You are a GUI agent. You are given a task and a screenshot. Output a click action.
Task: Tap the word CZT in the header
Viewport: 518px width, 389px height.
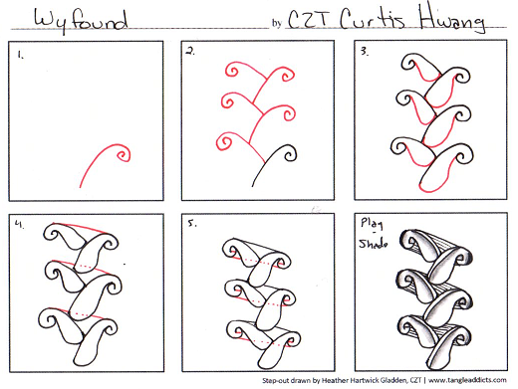click(x=308, y=20)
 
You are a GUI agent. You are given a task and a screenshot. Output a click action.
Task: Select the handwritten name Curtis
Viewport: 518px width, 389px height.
click(x=373, y=19)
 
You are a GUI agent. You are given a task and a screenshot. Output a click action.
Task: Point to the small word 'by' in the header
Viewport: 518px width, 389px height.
click(x=277, y=23)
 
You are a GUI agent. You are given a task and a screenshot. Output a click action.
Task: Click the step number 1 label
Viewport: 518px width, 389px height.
click(x=21, y=55)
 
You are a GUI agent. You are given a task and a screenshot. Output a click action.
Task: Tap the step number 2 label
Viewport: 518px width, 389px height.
click(x=190, y=52)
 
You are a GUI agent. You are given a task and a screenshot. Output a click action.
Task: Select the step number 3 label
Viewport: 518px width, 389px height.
click(x=365, y=52)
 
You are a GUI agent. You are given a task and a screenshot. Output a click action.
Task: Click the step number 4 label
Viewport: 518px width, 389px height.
click(x=19, y=224)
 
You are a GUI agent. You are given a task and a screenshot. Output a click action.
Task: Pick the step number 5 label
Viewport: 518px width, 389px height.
click(x=192, y=224)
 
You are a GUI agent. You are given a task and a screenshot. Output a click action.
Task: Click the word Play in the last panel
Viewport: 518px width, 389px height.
click(x=372, y=223)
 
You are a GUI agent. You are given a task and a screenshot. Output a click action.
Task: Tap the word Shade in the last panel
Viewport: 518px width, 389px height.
click(x=374, y=244)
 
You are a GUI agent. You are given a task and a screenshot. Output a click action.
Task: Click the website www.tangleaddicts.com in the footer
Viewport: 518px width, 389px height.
click(x=467, y=380)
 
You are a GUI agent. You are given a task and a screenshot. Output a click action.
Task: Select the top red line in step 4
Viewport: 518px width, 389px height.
click(x=81, y=227)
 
